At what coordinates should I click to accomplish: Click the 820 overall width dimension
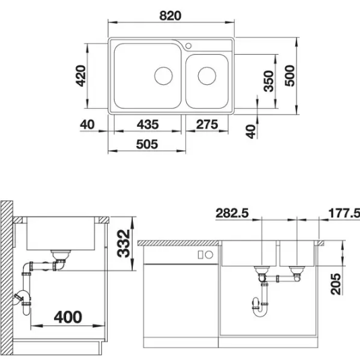point(170,16)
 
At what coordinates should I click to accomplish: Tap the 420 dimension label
point(81,76)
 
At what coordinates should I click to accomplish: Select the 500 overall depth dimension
point(290,76)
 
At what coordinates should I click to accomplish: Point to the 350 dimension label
point(269,81)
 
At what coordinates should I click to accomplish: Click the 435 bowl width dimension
point(148,124)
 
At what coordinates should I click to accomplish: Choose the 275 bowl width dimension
point(207,124)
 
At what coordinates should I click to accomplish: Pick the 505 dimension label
point(147,144)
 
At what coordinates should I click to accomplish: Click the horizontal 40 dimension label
point(87,124)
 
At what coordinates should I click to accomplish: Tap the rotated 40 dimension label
point(251,132)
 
